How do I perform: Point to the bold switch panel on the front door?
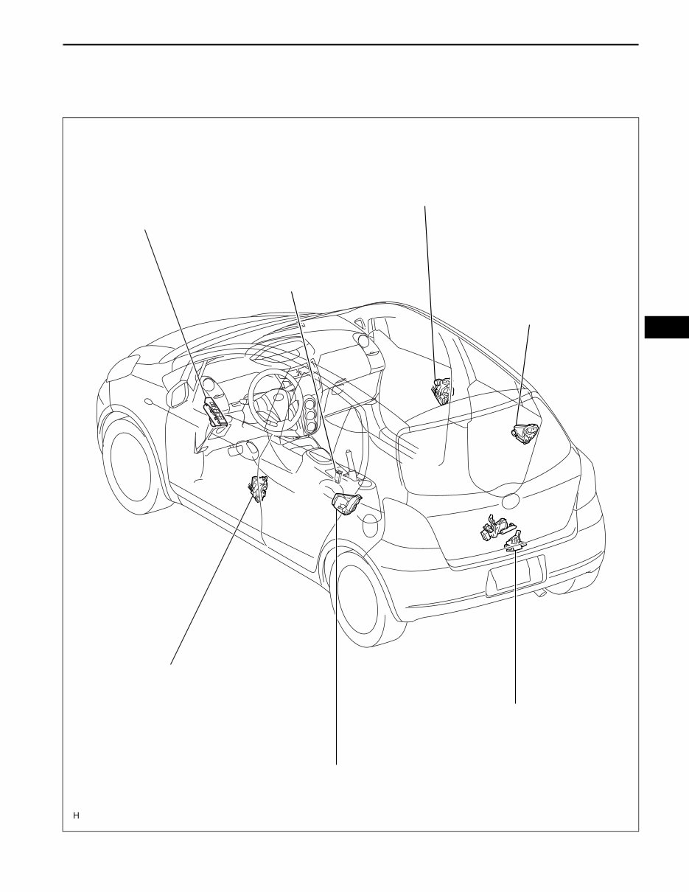coord(217,412)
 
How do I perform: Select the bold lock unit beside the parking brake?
coord(346,505)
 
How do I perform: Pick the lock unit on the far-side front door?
coord(441,391)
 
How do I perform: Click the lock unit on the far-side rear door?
coord(525,433)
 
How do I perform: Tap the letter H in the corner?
coord(76,815)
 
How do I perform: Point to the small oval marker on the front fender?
coord(149,403)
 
